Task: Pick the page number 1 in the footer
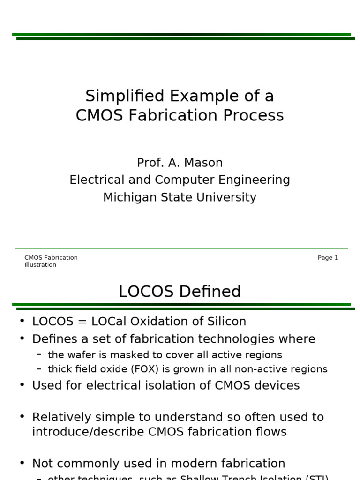336,258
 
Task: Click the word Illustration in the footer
40,265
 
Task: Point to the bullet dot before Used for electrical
22,385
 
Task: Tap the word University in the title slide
229,197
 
